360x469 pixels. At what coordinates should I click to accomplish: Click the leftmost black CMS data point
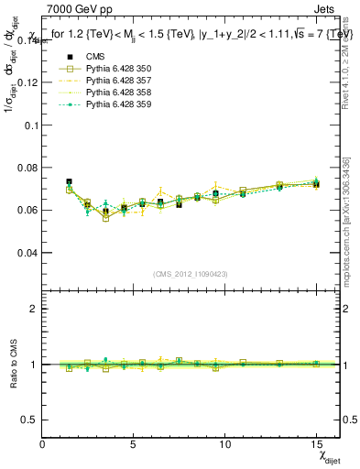(70, 182)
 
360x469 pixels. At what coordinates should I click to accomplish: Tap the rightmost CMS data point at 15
(316, 184)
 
